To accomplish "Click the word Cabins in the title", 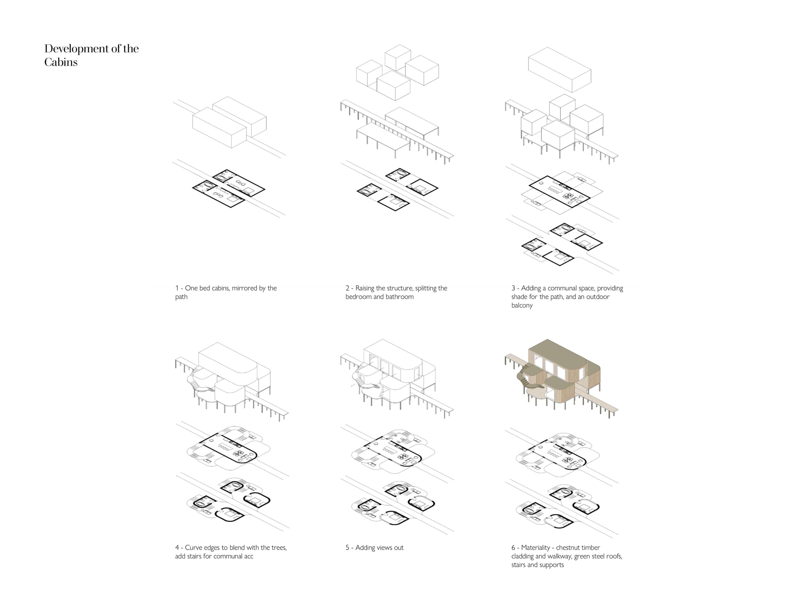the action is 61,62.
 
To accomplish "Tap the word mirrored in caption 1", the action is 249,288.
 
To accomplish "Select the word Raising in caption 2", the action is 365,288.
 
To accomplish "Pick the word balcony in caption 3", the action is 522,305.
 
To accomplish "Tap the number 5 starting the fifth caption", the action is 347,548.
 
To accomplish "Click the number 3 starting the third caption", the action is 513,288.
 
